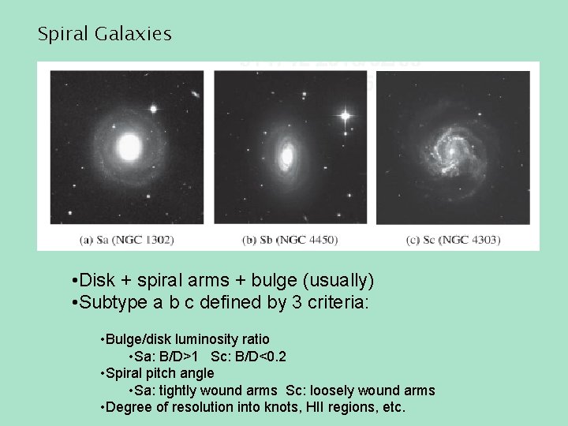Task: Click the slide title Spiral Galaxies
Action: tap(104, 34)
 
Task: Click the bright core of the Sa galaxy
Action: tap(129, 146)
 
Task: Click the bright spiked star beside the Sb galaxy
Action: tap(344, 117)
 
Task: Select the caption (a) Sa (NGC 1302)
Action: tap(126, 239)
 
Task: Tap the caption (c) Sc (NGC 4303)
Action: tap(453, 239)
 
